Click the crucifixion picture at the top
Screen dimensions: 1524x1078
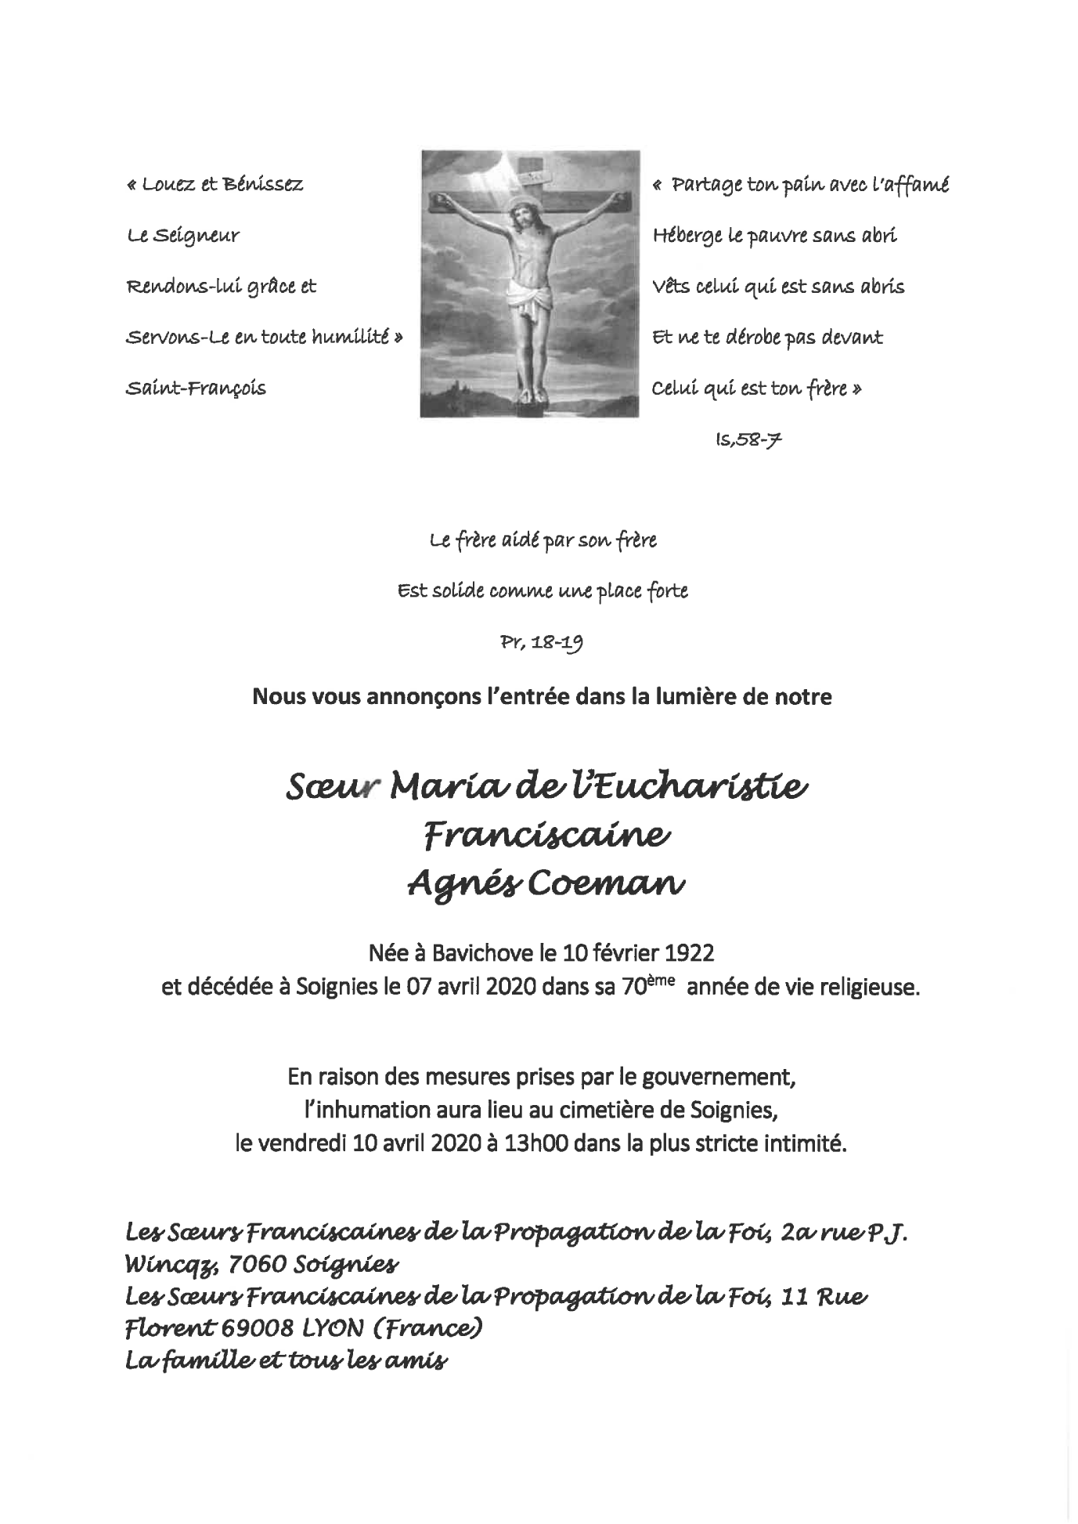point(530,283)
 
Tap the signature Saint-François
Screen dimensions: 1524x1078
point(196,388)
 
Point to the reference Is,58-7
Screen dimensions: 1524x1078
point(748,440)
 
